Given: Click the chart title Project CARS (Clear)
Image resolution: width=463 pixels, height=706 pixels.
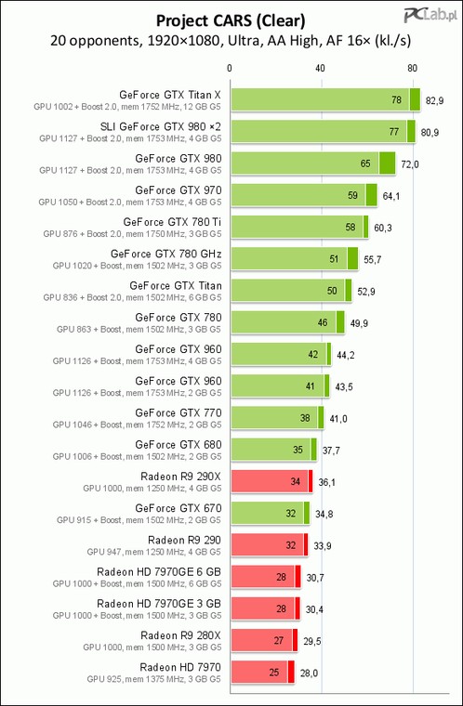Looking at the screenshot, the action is [x=231, y=20].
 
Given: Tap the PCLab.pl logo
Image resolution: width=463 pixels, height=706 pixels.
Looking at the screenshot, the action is [x=430, y=15].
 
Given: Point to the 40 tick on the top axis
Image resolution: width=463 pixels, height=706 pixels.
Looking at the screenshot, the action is [x=320, y=69].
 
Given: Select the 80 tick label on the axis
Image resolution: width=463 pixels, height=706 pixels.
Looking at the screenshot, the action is [x=412, y=69].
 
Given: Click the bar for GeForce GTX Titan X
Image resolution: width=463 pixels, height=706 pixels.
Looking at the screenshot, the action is [x=325, y=99].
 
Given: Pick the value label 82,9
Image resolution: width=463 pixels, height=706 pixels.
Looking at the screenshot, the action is [x=434, y=101].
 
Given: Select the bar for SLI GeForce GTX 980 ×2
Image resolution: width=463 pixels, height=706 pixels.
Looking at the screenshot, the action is [x=323, y=132].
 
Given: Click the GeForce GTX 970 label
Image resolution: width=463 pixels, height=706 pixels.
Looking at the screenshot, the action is [x=179, y=190].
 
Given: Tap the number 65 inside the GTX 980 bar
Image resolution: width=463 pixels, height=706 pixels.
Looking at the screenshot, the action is [x=365, y=163].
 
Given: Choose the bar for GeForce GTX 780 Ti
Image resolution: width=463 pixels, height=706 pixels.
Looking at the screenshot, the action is [x=299, y=227].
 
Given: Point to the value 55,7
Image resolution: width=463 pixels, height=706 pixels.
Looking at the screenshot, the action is [x=373, y=260].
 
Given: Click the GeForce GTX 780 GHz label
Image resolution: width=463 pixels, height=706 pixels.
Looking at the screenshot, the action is [x=165, y=254].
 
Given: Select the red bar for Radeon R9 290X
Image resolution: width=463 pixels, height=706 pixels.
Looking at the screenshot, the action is [x=271, y=482].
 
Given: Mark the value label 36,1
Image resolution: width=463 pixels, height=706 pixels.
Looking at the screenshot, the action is [x=327, y=483].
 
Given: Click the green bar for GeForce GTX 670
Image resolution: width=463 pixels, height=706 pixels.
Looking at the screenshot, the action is [x=270, y=514].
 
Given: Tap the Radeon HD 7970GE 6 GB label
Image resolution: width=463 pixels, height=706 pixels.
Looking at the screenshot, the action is [x=159, y=572].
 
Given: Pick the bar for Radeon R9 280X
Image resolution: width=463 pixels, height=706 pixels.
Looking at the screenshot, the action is [x=264, y=641].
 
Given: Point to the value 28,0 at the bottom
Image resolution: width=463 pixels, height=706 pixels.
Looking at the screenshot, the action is [x=309, y=673].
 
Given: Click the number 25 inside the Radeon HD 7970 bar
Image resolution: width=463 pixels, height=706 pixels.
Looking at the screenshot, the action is [x=274, y=673].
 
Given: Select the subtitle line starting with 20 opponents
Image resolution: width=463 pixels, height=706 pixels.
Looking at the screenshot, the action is [x=231, y=41].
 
